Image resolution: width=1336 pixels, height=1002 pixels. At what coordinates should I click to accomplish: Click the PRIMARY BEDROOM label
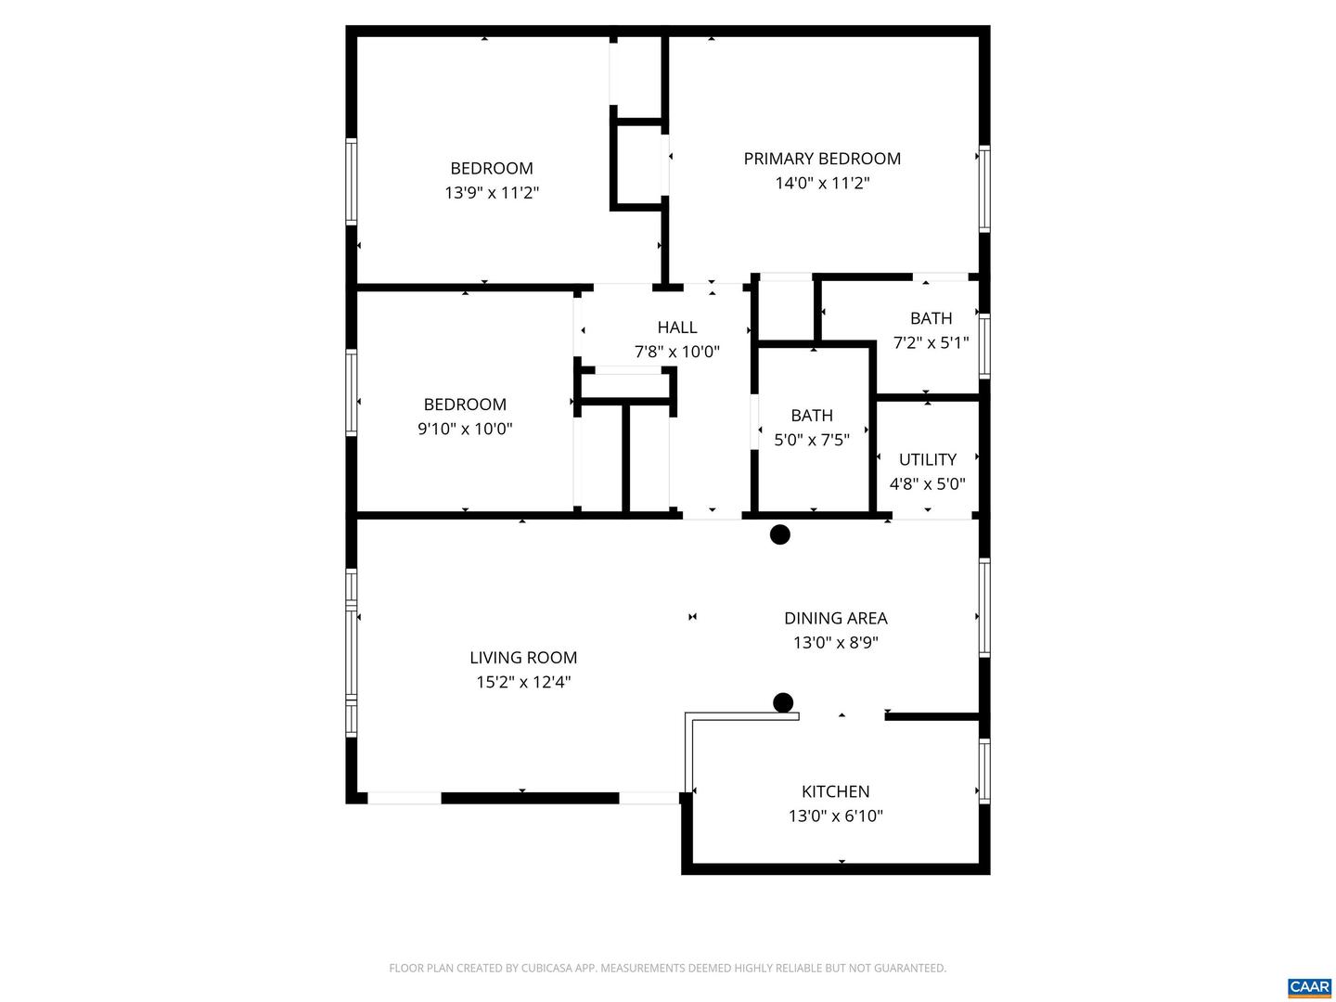[822, 159]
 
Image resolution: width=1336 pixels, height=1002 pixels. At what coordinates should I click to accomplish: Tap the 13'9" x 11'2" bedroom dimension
[492, 193]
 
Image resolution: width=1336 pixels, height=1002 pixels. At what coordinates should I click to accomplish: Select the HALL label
[677, 328]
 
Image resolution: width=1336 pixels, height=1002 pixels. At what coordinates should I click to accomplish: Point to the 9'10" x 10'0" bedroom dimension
[465, 429]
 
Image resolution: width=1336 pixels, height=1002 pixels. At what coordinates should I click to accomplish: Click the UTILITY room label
[927, 459]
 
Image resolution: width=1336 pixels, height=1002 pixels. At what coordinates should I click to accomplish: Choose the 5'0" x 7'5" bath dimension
[812, 440]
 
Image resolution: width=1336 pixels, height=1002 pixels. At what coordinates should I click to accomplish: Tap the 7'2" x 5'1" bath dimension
[931, 342]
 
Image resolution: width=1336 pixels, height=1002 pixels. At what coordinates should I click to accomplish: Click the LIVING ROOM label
[523, 658]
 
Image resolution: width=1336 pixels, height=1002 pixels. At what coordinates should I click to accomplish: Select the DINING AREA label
[835, 618]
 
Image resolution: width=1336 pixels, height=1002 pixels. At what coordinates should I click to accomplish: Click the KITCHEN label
[835, 791]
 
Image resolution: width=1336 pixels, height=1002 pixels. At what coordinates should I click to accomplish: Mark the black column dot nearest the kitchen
[783, 702]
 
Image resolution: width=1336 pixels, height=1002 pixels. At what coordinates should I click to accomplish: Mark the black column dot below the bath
[780, 534]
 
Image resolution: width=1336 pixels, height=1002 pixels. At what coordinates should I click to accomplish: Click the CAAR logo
[1309, 987]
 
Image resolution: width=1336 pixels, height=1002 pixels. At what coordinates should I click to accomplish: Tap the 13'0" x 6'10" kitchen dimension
[835, 816]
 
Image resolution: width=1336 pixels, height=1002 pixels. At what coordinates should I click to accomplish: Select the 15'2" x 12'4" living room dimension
[523, 683]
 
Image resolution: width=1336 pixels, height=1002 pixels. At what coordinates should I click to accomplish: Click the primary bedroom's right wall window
[984, 188]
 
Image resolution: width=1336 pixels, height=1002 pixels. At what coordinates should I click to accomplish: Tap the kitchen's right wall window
[984, 770]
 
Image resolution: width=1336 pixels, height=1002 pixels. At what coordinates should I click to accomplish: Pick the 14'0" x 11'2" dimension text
[822, 184]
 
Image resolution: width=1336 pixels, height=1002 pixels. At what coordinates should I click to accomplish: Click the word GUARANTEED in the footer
[910, 969]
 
